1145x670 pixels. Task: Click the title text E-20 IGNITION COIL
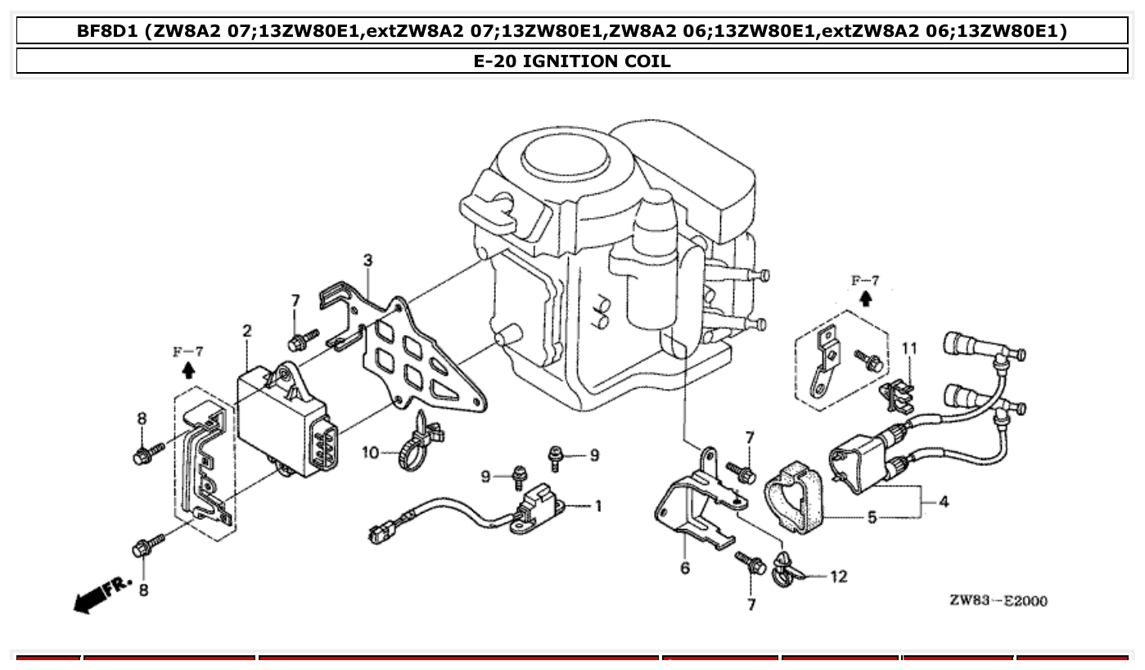572,61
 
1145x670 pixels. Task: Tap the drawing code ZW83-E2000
998,600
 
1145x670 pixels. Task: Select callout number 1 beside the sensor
598,506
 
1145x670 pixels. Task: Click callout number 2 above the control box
246,332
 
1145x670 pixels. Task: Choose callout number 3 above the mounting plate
367,260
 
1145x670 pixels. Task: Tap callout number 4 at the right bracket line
944,501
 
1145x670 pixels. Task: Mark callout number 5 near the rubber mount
872,517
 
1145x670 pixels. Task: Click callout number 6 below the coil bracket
685,568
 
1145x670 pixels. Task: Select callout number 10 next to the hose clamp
371,452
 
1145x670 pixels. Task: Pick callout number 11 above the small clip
909,349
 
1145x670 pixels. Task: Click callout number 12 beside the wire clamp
838,577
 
